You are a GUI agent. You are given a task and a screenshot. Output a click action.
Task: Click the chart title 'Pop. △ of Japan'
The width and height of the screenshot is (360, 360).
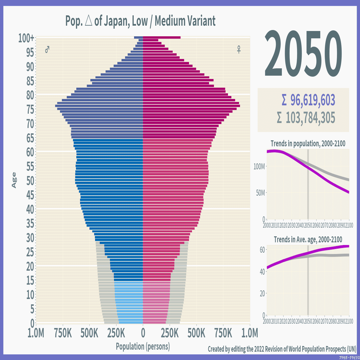(140, 21)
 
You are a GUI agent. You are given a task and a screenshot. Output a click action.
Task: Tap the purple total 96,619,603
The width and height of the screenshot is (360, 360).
(308, 100)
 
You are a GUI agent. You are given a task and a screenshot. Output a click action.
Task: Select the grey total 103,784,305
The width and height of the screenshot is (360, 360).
(306, 118)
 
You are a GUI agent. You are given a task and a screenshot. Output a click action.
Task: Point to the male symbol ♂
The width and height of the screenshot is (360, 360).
(47, 50)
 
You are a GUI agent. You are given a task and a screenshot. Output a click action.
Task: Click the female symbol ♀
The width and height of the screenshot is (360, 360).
(239, 50)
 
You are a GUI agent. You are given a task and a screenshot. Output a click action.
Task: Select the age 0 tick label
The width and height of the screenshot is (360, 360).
(32, 323)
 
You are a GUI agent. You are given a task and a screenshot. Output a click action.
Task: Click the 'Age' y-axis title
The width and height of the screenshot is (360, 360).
(14, 180)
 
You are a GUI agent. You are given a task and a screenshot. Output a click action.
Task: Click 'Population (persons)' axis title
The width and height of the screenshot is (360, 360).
(143, 346)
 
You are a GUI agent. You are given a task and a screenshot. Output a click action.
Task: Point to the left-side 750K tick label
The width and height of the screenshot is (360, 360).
(63, 333)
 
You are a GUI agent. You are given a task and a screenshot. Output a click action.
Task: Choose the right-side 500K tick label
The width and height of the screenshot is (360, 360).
(196, 333)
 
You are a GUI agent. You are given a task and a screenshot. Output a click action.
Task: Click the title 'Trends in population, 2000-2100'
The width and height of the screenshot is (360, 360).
(308, 144)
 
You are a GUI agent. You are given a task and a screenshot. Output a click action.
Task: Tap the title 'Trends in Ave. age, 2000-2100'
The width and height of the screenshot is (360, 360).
(308, 239)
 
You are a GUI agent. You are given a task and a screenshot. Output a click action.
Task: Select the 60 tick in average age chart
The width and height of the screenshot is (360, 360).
(262, 249)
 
